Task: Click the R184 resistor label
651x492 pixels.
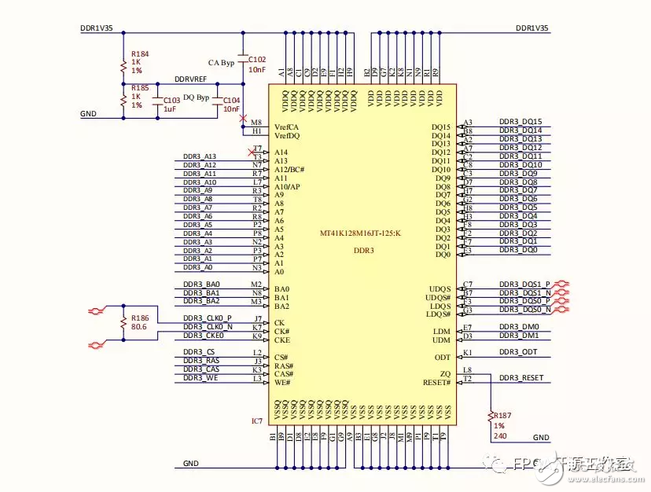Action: click(140, 53)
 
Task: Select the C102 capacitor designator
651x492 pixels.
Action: click(257, 59)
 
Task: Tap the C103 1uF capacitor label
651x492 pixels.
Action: click(170, 101)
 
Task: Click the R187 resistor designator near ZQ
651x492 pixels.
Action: click(502, 414)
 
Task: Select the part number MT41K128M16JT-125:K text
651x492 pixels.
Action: click(359, 233)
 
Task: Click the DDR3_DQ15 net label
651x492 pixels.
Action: click(520, 122)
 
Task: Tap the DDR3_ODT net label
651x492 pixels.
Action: click(518, 352)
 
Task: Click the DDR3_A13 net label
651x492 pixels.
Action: click(199, 156)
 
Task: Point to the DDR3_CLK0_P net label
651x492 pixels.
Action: click(208, 318)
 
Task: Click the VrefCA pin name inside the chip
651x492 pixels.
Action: click(287, 127)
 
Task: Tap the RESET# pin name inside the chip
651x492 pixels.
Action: click(436, 382)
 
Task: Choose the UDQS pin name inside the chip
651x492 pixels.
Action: click(440, 288)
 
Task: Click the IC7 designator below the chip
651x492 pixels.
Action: click(256, 421)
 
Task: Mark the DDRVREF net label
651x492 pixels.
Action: click(191, 80)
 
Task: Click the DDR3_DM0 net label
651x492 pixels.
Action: click(519, 326)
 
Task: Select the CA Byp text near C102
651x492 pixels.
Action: click(221, 62)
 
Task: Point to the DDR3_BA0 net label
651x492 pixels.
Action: click(201, 284)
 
